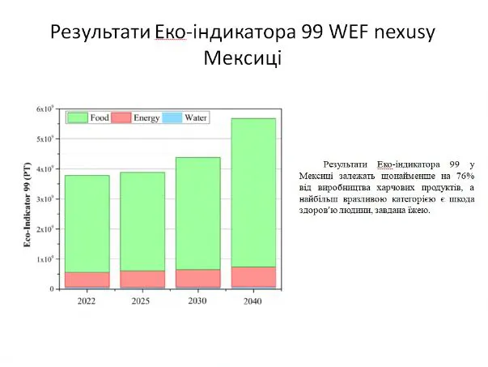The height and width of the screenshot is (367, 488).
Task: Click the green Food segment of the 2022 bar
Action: click(87, 224)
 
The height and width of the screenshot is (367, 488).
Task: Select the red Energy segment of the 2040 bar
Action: click(253, 277)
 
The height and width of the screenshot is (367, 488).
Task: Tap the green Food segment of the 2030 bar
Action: click(198, 213)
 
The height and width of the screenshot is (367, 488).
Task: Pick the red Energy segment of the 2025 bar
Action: click(142, 280)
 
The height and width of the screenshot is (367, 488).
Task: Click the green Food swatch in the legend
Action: click(78, 117)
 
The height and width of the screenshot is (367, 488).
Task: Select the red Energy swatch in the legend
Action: click(121, 117)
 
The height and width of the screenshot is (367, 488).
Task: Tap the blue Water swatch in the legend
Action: click(172, 117)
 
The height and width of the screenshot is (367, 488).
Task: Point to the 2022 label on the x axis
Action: click(87, 301)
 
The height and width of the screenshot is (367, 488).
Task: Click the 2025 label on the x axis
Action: click(141, 301)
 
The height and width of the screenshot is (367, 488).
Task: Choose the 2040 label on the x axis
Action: click(252, 301)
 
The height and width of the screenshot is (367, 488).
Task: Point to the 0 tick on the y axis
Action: click(52, 288)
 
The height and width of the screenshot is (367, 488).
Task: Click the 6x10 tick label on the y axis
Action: click(45, 109)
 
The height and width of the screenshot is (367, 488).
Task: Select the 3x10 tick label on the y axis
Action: click(45, 198)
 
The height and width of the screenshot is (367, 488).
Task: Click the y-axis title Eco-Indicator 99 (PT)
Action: click(28, 205)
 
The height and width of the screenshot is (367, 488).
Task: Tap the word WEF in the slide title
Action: click(349, 32)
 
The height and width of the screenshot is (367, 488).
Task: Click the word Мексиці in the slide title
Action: click(243, 58)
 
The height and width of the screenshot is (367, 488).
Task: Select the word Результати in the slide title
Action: click(100, 32)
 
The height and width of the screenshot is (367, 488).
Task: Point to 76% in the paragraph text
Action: click(465, 176)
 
